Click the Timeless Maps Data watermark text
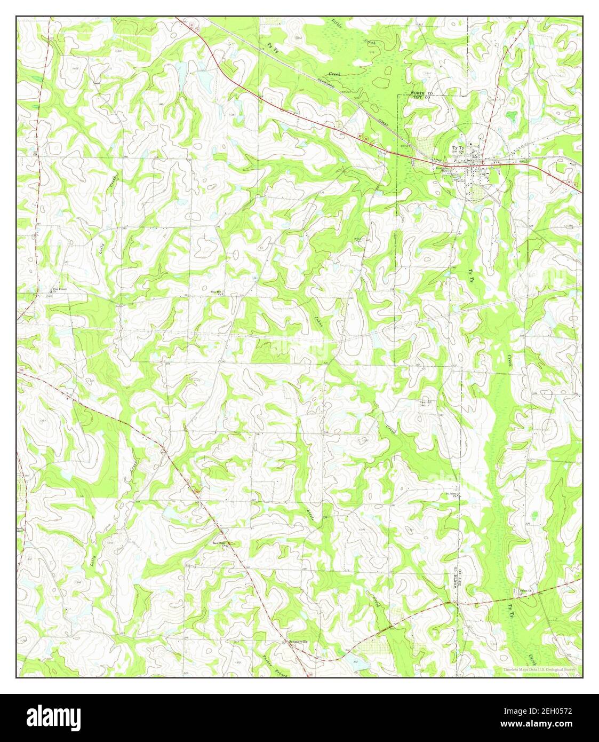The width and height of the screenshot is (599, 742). (x=539, y=669)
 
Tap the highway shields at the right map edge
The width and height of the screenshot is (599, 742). (x=576, y=184)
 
